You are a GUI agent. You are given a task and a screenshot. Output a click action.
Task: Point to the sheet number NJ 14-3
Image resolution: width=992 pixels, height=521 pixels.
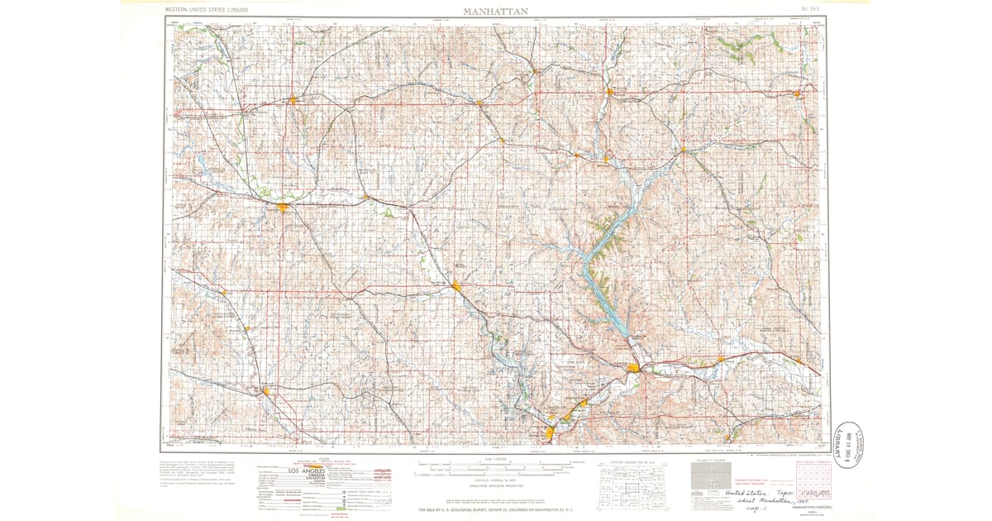click(x=810, y=9)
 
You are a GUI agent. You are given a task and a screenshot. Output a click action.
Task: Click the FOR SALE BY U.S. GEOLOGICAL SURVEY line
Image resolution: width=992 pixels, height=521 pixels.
click(x=496, y=509)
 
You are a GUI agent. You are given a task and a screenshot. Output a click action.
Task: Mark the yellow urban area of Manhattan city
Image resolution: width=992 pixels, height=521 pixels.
click(x=635, y=367)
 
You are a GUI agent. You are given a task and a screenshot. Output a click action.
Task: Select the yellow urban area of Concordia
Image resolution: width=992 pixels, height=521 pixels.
click(x=292, y=101)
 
